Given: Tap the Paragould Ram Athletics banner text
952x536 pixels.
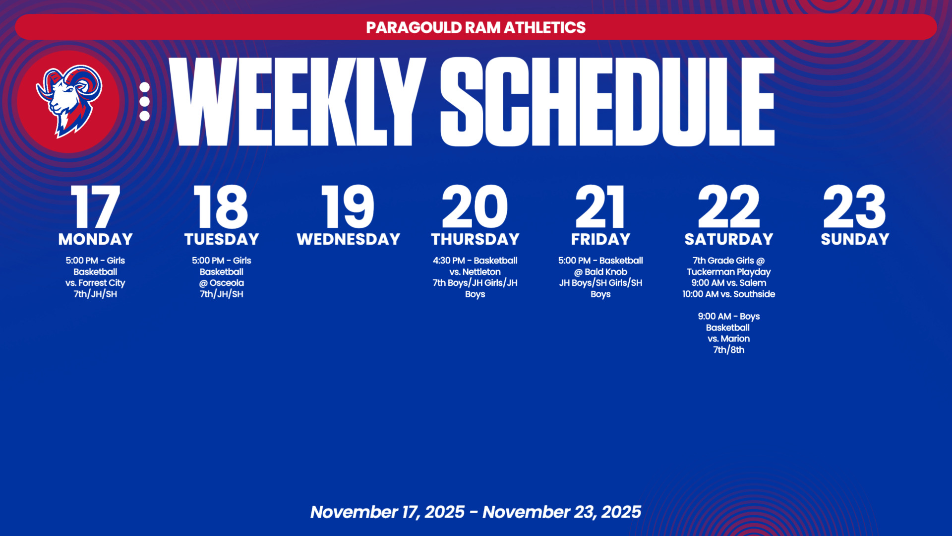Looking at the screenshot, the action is (x=476, y=27).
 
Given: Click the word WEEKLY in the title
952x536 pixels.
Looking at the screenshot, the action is (x=297, y=102).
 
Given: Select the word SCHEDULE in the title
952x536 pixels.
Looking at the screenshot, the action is (x=607, y=102).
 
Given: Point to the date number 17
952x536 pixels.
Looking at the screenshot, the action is (x=95, y=206).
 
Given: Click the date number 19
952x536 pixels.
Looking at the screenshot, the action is (x=348, y=206).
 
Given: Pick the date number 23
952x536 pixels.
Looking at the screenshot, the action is (x=854, y=206).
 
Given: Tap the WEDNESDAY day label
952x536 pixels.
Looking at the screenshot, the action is (x=348, y=239).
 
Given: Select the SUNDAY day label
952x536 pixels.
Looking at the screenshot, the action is (x=855, y=239).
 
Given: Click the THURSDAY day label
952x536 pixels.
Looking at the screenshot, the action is (x=475, y=239).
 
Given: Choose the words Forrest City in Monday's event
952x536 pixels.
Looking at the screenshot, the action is (x=102, y=283).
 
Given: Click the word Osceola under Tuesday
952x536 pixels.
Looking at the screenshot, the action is (x=227, y=283).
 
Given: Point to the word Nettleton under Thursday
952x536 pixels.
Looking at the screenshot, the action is (x=481, y=272).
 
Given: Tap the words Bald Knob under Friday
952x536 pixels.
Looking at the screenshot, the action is (x=606, y=272).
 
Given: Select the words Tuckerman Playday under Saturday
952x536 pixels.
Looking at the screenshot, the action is (x=728, y=272).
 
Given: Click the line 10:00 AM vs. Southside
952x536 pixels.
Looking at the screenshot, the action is (x=728, y=294).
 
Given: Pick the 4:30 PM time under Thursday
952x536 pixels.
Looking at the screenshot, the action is (x=448, y=261).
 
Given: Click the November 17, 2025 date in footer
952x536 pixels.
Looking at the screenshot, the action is (x=388, y=512).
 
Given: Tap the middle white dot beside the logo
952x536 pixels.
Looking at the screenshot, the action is (x=144, y=101).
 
